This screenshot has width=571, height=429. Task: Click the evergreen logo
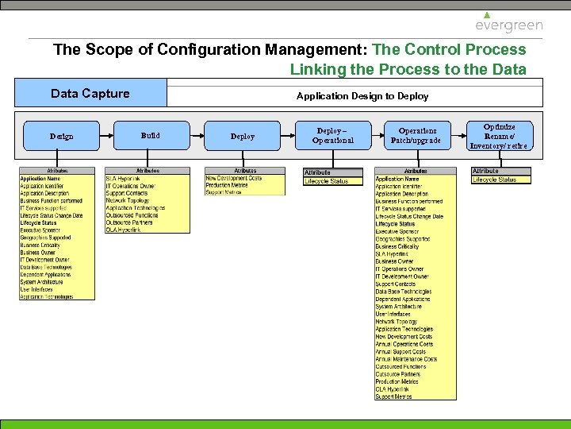[x=509, y=23]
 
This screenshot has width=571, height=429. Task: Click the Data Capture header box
[x=90, y=94]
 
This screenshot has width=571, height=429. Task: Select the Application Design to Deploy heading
[x=362, y=96]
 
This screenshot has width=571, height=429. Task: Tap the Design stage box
[x=61, y=136]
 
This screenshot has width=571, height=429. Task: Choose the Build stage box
[x=150, y=136]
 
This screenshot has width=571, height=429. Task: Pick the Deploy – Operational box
[x=332, y=136]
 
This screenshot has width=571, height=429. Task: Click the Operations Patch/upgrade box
[x=417, y=136]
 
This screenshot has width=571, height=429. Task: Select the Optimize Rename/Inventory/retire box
[x=499, y=136]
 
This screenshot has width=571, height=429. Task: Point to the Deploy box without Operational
[x=243, y=136]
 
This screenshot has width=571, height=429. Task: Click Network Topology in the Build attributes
[x=128, y=201]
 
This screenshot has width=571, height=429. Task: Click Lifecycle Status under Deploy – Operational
[x=327, y=181]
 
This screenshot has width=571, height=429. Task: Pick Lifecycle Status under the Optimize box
[x=494, y=180]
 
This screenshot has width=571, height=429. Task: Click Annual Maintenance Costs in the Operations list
[x=406, y=359]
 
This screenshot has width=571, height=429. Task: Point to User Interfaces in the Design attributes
[x=36, y=289]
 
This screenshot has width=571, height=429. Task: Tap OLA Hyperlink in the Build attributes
[x=122, y=230]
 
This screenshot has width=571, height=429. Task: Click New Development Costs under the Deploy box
[x=233, y=178]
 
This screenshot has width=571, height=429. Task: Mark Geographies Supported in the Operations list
[x=403, y=239]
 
